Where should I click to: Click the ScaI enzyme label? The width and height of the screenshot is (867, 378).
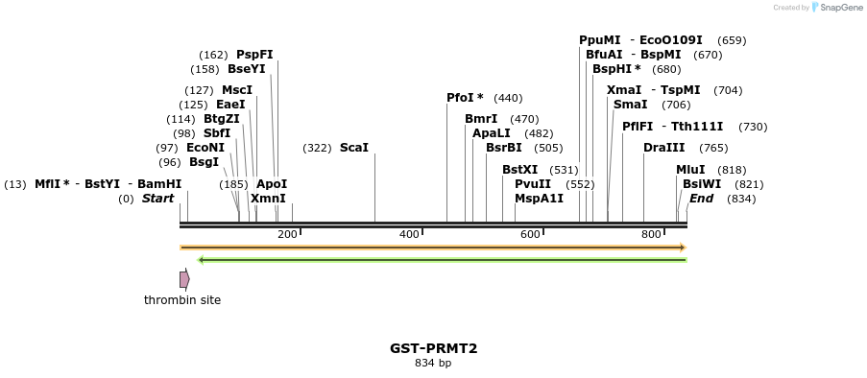(x=354, y=148)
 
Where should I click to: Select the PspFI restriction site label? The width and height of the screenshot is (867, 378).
(x=254, y=55)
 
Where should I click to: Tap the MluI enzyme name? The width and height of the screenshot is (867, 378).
(x=690, y=170)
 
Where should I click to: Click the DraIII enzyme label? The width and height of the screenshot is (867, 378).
(x=664, y=148)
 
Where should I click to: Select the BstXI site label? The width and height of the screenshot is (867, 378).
(x=520, y=170)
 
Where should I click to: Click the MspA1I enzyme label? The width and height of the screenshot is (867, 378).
(x=539, y=199)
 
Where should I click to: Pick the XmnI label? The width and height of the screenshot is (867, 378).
(x=268, y=199)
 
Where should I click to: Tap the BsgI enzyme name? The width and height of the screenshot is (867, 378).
(x=204, y=162)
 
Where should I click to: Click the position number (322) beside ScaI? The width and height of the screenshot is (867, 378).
(x=317, y=148)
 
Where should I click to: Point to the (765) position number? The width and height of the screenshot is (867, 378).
(x=713, y=148)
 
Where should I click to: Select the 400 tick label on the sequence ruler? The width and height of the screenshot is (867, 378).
(x=409, y=234)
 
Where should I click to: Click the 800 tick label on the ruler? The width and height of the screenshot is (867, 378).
(x=651, y=234)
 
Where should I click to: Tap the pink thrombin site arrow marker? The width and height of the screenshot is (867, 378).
(x=184, y=279)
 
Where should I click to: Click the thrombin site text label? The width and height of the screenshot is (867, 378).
(x=182, y=300)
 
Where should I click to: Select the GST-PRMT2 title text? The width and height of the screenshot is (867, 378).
(x=433, y=348)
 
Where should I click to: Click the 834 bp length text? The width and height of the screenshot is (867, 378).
(x=433, y=364)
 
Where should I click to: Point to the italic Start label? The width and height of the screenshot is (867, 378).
(x=158, y=199)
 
